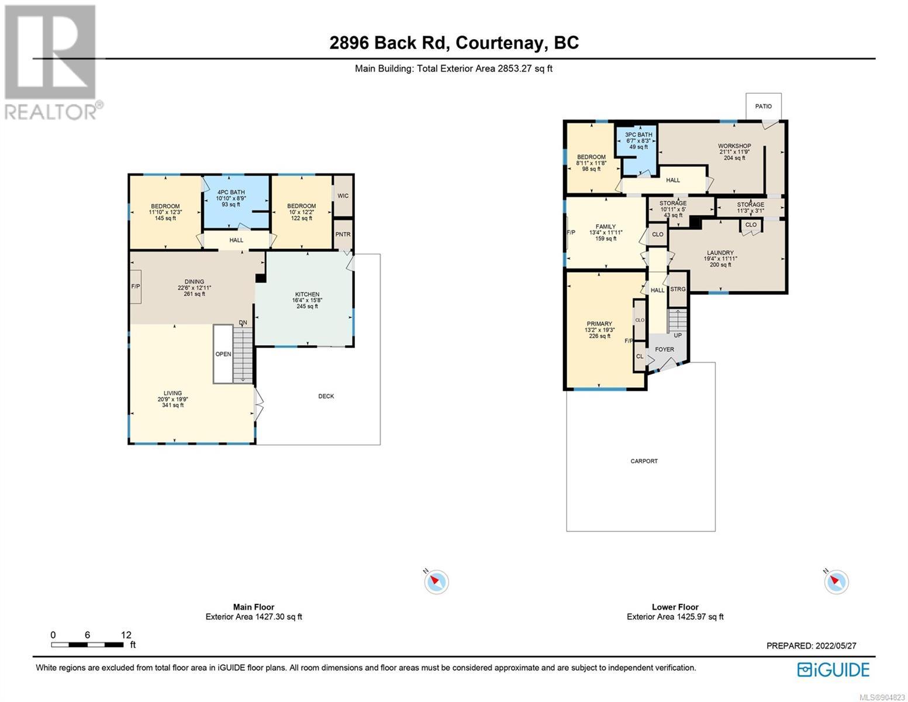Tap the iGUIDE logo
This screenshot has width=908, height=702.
833,669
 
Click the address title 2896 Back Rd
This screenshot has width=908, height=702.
389,43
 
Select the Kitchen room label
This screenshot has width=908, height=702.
307,294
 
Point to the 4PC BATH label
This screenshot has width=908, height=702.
231,192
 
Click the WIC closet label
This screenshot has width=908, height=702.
343,195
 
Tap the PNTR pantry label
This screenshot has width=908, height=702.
343,234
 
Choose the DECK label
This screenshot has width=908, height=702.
326,396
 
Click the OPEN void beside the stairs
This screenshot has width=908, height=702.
223,354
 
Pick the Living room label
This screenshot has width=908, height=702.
172,393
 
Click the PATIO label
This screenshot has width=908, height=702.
763,106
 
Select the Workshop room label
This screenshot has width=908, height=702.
734,146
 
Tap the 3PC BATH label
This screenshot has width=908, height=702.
638,135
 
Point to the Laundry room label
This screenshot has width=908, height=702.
720,253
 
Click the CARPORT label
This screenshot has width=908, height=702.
644,461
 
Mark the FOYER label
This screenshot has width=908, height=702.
664,349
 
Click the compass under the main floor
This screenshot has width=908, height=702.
436,581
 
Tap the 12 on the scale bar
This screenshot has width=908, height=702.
126,635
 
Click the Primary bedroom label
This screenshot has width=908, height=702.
599,324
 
